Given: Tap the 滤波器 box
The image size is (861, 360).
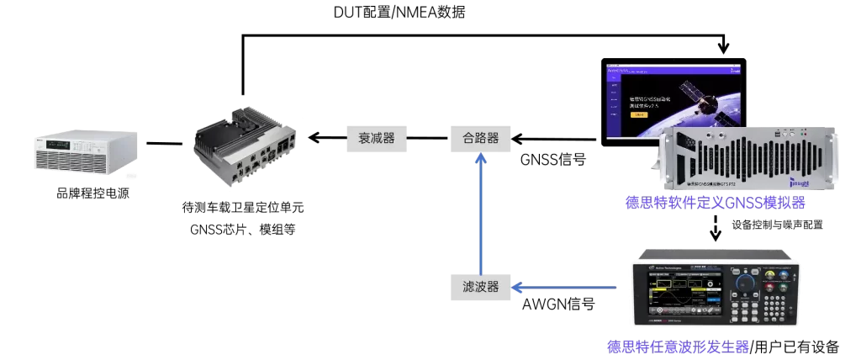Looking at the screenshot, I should pos(480,288).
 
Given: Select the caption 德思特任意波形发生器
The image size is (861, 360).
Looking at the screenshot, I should pos(678,347).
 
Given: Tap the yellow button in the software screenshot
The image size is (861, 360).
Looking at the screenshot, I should pos(639,114).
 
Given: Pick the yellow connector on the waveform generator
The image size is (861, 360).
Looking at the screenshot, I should pos(763,274).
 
